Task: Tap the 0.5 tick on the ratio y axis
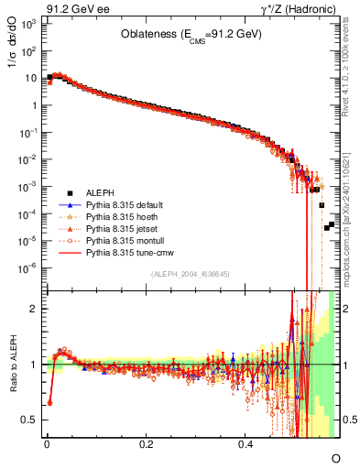tap(30, 420)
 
